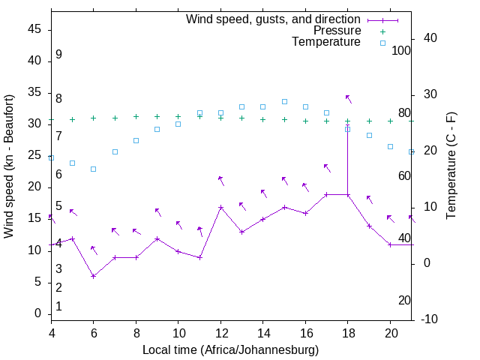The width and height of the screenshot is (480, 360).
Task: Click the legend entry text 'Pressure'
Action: click(337, 31)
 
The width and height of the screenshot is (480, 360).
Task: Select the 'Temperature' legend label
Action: click(326, 42)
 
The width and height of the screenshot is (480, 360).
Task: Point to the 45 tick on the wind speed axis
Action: click(34, 28)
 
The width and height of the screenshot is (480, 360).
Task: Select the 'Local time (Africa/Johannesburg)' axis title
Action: click(230, 349)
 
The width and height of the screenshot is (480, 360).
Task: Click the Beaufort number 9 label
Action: click(58, 55)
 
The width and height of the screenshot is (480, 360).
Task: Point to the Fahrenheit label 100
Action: click(401, 50)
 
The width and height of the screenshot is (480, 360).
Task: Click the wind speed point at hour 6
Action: click(93, 276)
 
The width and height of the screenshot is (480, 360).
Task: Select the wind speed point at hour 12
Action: click(220, 207)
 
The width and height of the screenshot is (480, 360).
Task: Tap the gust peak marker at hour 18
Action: click(347, 124)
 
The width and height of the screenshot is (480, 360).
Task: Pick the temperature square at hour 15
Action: click(284, 101)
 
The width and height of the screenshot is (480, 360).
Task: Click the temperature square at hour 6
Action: click(93, 169)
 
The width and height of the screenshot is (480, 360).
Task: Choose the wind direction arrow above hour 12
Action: click(221, 180)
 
